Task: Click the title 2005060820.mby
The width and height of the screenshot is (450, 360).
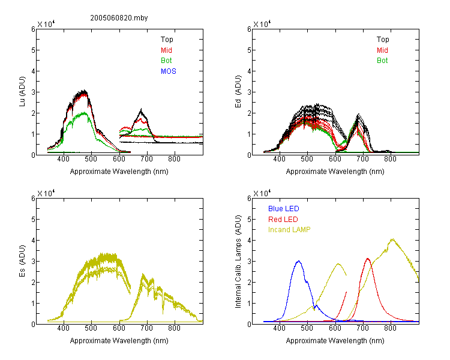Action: (119, 18)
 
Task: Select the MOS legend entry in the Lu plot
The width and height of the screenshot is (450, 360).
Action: (169, 71)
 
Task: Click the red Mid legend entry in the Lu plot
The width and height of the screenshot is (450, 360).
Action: (166, 50)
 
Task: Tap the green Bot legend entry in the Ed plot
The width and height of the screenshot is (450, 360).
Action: (382, 61)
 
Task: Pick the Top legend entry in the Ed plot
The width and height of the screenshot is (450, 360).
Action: (383, 40)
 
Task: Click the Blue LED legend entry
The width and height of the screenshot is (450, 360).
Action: (284, 209)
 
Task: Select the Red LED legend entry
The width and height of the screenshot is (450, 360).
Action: (283, 220)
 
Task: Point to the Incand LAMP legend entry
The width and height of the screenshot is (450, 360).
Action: (289, 230)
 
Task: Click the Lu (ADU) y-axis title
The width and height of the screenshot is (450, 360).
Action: (22, 92)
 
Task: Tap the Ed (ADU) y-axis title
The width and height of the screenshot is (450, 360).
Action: (238, 92)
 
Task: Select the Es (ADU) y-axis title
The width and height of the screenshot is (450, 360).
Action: (22, 261)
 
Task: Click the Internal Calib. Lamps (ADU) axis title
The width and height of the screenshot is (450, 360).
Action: (238, 262)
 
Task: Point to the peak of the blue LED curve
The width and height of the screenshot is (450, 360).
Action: (299, 261)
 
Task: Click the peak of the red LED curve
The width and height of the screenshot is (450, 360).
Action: (368, 259)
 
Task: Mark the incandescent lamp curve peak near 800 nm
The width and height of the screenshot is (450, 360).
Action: (392, 239)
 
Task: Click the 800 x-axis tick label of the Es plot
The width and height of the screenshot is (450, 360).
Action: (174, 328)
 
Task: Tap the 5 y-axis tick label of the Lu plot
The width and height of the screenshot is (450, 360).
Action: (33, 50)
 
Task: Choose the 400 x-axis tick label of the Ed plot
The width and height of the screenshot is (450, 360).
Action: (279, 160)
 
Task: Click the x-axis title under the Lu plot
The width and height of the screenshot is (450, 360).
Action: (119, 172)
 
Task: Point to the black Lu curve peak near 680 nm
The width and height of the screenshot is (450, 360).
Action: (141, 109)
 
